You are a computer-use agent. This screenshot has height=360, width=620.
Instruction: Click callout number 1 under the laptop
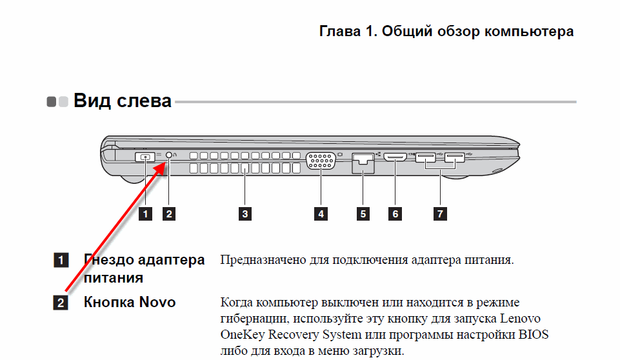146,214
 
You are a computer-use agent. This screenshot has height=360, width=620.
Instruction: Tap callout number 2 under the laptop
169,214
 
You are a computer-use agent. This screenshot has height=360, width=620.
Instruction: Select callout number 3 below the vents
245,214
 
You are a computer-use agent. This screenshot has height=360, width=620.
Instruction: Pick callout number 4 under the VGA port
321,214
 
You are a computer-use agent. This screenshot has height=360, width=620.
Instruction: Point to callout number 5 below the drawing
363,214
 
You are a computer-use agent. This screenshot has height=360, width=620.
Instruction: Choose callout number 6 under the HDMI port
395,214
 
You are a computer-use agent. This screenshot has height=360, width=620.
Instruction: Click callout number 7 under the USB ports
440,214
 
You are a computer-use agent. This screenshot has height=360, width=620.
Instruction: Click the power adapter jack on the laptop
145,157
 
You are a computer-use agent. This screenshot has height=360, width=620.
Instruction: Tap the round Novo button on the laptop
169,155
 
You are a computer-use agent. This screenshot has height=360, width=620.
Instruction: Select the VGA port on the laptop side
321,161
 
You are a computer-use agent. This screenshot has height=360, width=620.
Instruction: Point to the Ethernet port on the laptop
363,163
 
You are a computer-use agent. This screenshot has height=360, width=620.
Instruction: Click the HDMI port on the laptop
395,157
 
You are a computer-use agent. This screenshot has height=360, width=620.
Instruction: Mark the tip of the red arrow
165,161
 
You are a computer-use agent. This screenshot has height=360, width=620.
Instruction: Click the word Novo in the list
157,302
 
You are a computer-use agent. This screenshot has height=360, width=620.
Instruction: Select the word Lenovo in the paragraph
520,319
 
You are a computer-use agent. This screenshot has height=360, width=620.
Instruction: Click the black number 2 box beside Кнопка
61,303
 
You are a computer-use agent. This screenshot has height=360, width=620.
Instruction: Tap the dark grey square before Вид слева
52,102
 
